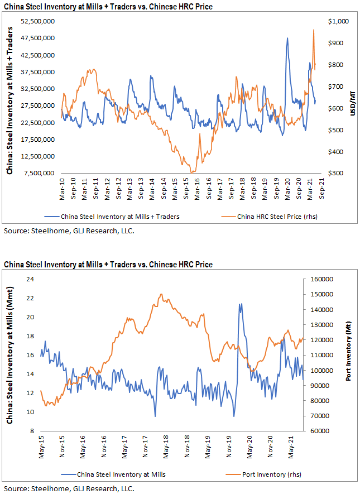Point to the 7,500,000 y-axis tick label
[x=38, y=173]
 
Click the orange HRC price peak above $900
[x=314, y=30]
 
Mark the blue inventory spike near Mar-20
[x=287, y=39]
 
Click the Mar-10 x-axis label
[x=63, y=185]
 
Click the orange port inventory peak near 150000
[x=161, y=294]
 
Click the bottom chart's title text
[x=108, y=263]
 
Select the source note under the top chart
[x=69, y=230]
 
